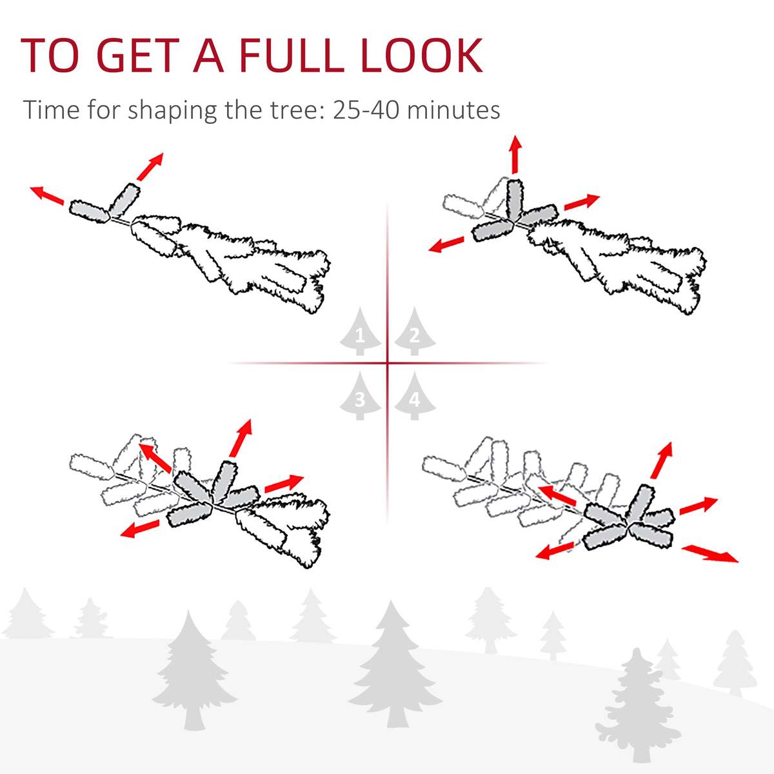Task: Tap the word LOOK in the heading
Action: [421, 55]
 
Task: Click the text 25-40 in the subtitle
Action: [366, 109]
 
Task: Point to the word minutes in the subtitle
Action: [453, 109]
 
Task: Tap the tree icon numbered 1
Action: [360, 332]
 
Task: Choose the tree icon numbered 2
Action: [415, 332]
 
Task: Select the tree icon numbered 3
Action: [360, 396]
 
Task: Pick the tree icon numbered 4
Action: [415, 396]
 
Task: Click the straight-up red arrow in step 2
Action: [515, 155]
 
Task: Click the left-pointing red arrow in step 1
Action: [47, 195]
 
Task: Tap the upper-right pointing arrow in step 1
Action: [150, 166]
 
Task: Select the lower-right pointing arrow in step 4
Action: [710, 553]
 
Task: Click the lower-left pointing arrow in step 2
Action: [446, 244]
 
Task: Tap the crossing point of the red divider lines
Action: [388, 363]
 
